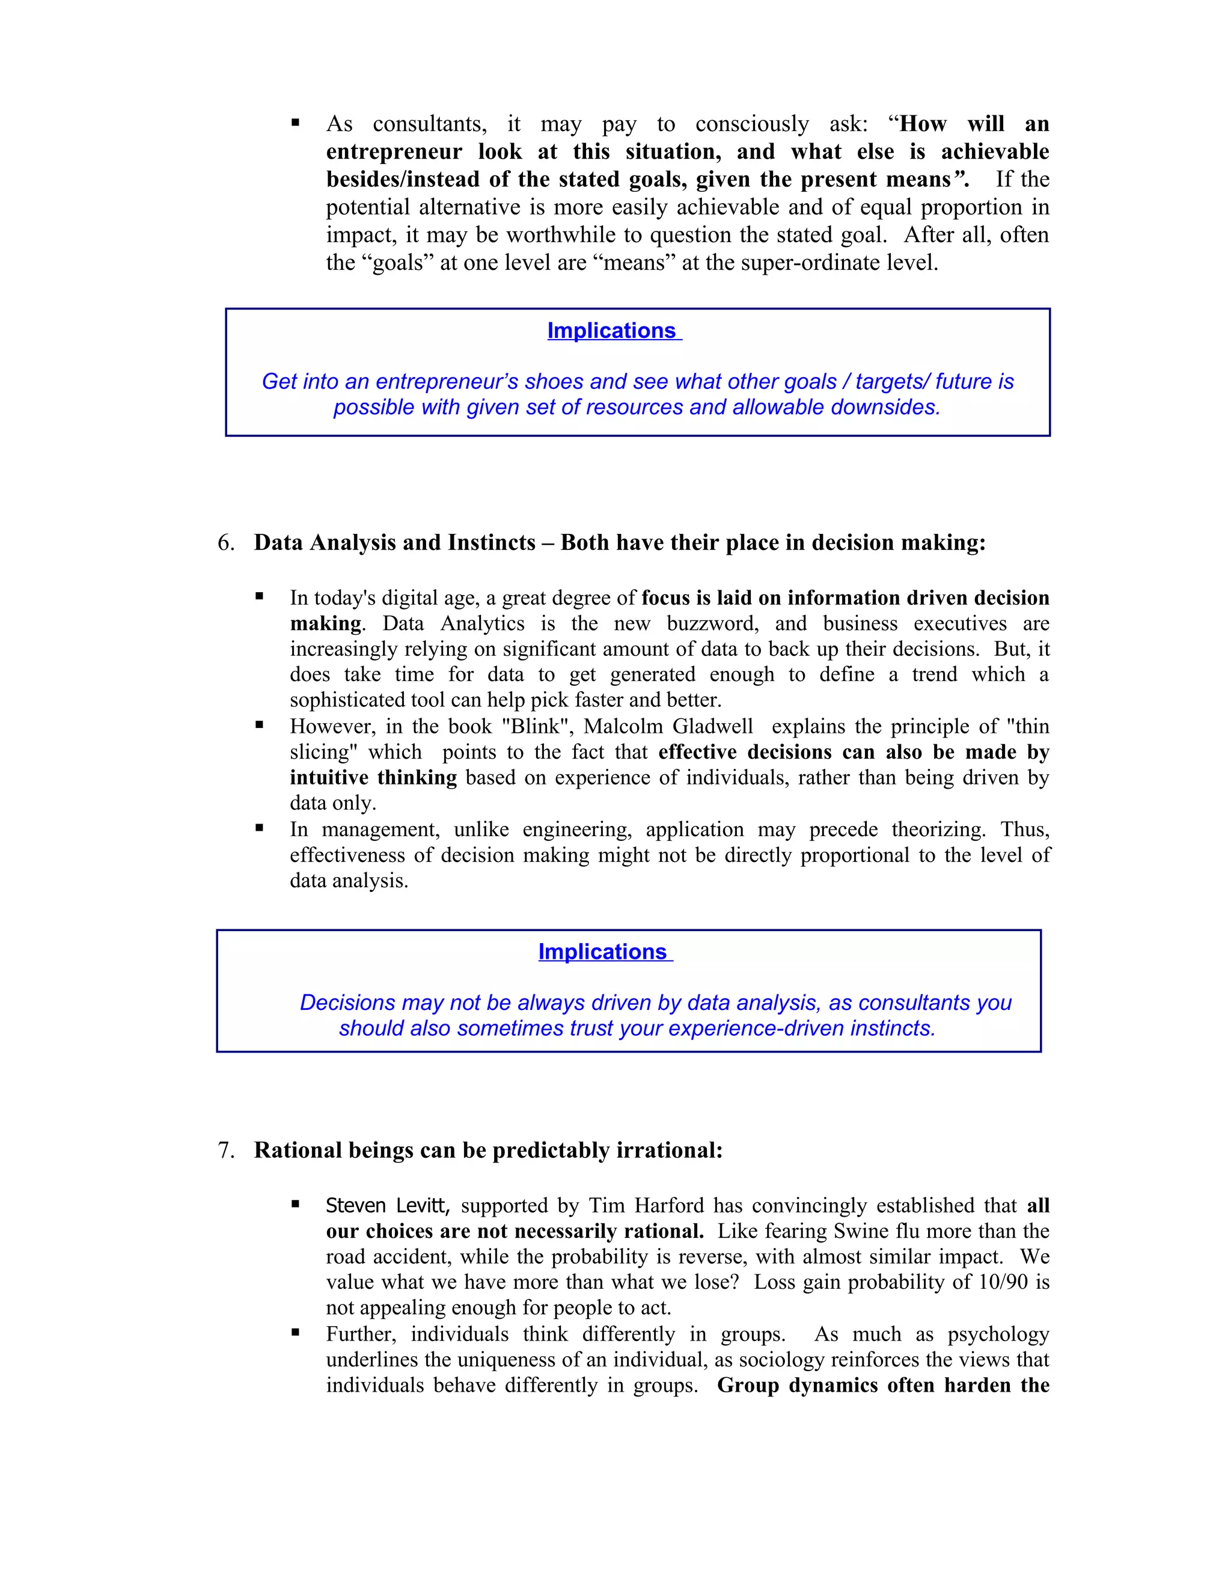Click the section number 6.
coord(225,543)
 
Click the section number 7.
coord(225,1150)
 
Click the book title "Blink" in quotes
coord(536,727)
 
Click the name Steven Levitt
coord(387,1206)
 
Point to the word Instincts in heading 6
coord(491,543)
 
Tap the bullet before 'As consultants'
coord(295,123)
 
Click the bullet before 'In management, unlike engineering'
coord(259,828)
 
